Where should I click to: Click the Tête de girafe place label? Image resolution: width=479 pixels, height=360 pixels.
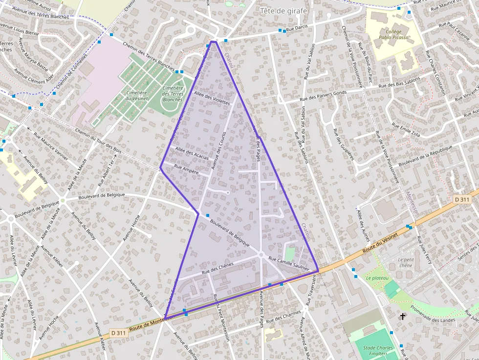coord(283,11)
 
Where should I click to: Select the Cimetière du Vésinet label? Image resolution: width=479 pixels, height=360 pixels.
coord(136,95)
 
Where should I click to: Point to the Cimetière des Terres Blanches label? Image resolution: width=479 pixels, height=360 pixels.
coord(173,94)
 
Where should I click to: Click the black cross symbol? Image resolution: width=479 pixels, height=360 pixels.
coord(403,317)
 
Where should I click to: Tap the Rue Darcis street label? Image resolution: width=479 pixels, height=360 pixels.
coord(297,29)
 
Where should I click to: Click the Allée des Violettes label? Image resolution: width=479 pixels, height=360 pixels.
coord(212,98)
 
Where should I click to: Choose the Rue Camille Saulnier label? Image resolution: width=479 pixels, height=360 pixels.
coord(289,264)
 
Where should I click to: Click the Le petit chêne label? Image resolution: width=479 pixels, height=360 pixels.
coord(406,262)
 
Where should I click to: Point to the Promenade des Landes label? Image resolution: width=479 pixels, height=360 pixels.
coord(433,315)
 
